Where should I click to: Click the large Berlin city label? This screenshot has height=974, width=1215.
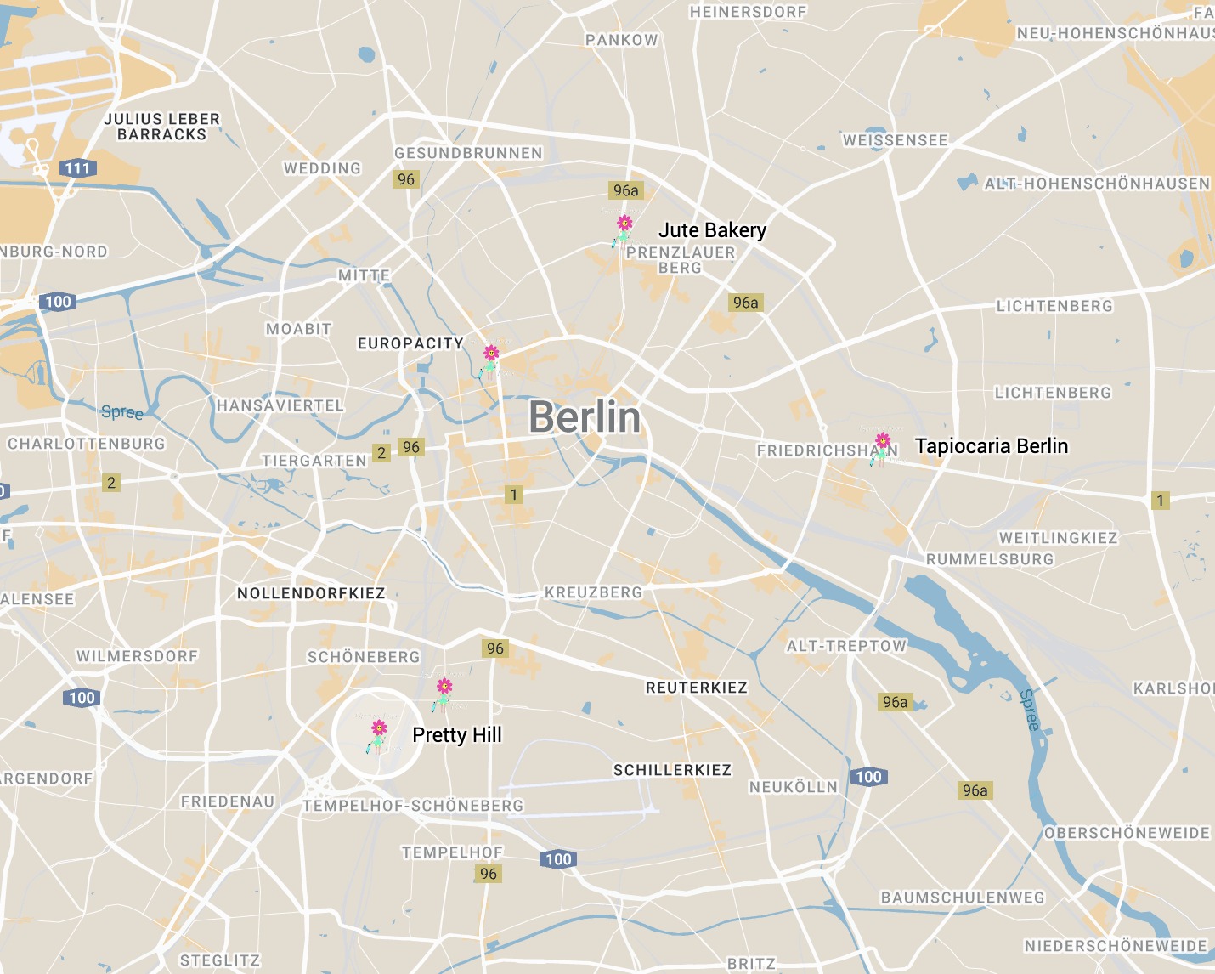pyautogui.click(x=585, y=417)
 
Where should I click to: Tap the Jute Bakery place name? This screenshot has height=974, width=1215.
pyautogui.click(x=712, y=230)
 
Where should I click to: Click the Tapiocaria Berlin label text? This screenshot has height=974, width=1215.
pyautogui.click(x=991, y=446)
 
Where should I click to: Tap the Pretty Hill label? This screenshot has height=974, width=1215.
pyautogui.click(x=457, y=735)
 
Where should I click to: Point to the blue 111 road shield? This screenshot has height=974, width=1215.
pyautogui.click(x=77, y=168)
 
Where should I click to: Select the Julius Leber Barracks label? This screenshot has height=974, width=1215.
pyautogui.click(x=161, y=127)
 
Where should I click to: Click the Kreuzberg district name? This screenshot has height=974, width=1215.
pyautogui.click(x=593, y=592)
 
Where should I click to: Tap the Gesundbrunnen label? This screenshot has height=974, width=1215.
pyautogui.click(x=468, y=153)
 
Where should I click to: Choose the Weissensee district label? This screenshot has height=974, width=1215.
pyautogui.click(x=895, y=140)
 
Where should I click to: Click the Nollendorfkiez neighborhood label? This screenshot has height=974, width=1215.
pyautogui.click(x=311, y=593)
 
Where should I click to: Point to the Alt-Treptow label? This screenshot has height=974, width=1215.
pyautogui.click(x=846, y=646)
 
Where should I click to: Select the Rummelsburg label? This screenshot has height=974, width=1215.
pyautogui.click(x=989, y=559)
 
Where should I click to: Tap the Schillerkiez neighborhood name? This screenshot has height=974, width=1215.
pyautogui.click(x=672, y=770)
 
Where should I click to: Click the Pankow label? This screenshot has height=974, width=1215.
pyautogui.click(x=621, y=40)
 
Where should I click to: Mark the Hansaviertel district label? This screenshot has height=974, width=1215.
pyautogui.click(x=280, y=405)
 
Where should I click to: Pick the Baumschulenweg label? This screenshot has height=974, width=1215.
pyautogui.click(x=962, y=898)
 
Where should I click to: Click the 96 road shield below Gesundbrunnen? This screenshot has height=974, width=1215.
pyautogui.click(x=406, y=179)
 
